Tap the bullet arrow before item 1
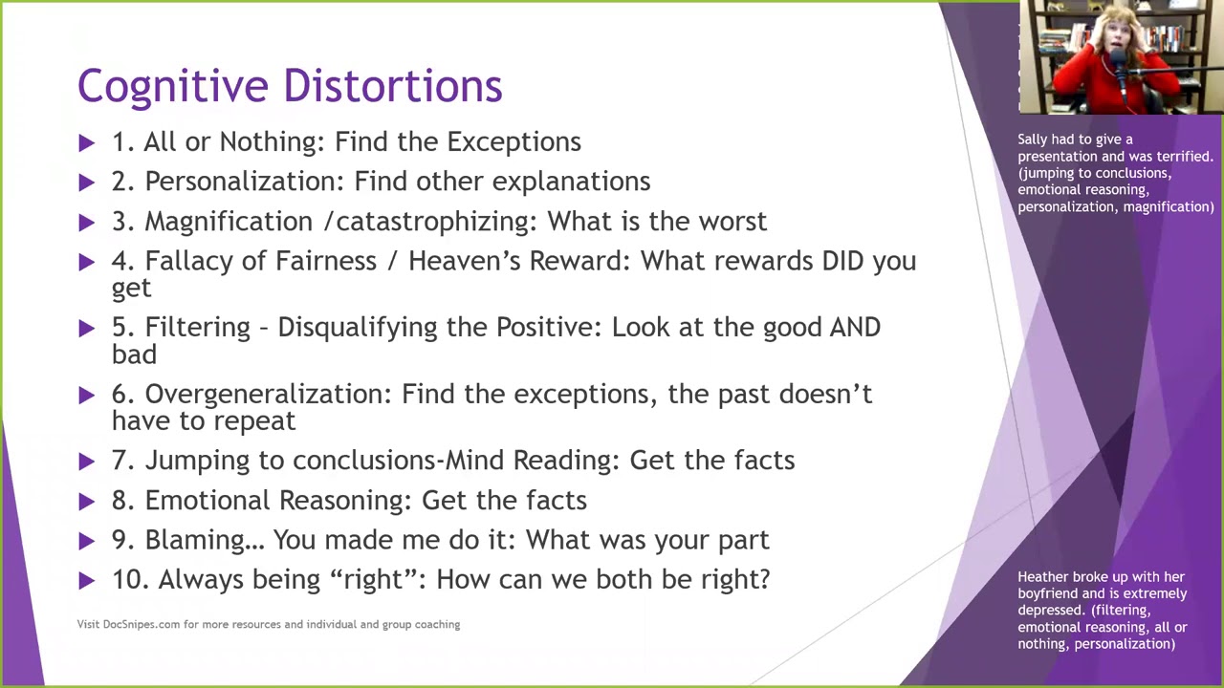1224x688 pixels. click(87, 142)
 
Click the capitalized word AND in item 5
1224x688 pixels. click(854, 328)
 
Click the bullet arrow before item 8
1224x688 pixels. click(87, 501)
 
